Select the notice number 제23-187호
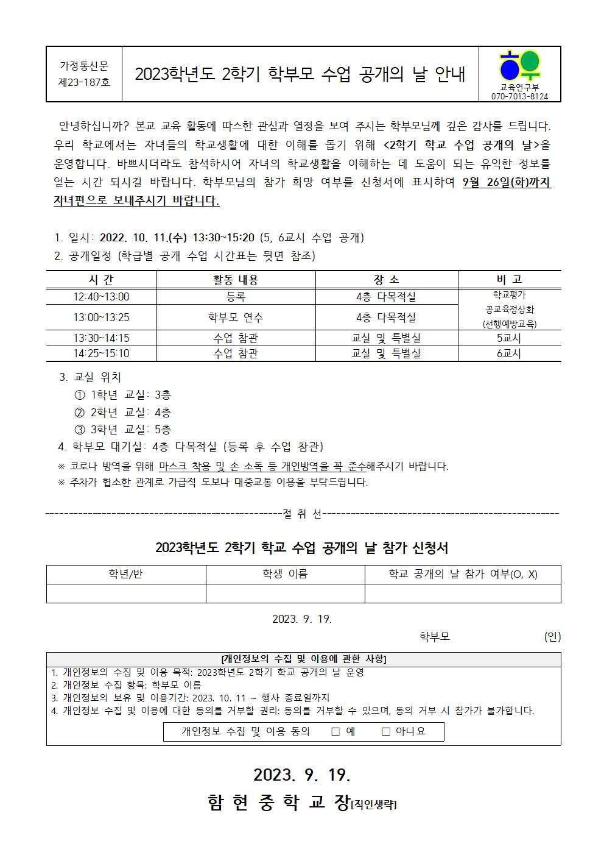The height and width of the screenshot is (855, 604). click(84, 82)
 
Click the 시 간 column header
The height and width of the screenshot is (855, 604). click(101, 280)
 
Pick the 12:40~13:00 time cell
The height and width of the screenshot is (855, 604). click(101, 297)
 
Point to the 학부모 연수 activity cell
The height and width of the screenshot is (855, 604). click(236, 318)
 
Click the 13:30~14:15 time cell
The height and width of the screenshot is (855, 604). click(101, 338)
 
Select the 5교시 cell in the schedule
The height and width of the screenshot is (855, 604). click(509, 338)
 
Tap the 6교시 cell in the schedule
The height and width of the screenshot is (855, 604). click(509, 353)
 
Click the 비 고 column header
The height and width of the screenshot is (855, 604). click(509, 280)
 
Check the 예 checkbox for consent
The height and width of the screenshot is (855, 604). click(335, 731)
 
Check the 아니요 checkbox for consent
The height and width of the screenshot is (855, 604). click(385, 731)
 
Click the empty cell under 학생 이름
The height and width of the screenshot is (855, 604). click(285, 594)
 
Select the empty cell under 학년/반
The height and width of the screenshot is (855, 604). click(125, 594)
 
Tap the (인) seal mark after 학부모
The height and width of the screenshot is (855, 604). click(552, 637)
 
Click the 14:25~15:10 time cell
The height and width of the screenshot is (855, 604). click(101, 353)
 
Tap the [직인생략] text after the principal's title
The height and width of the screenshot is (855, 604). click(373, 805)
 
